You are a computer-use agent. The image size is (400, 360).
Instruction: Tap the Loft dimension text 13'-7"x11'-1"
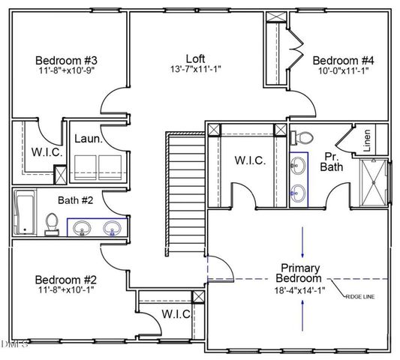pyautogui.click(x=195, y=69)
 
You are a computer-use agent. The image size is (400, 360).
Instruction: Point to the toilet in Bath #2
pyautogui.click(x=52, y=223)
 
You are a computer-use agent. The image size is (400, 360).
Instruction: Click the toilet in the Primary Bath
pyautogui.click(x=302, y=138)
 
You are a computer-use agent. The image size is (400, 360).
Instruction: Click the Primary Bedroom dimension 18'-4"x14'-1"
pyautogui.click(x=300, y=289)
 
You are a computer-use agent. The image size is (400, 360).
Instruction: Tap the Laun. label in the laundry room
pyautogui.click(x=88, y=139)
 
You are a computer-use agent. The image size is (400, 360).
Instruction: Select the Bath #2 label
pyautogui.click(x=75, y=200)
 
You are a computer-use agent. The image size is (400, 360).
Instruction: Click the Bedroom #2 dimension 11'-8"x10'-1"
pyautogui.click(x=66, y=289)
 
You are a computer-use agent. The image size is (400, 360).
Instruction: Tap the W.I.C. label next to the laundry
pyautogui.click(x=41, y=153)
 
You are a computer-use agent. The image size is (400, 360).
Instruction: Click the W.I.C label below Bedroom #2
pyautogui.click(x=176, y=313)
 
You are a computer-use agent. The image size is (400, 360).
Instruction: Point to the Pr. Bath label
pyautogui.click(x=333, y=161)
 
